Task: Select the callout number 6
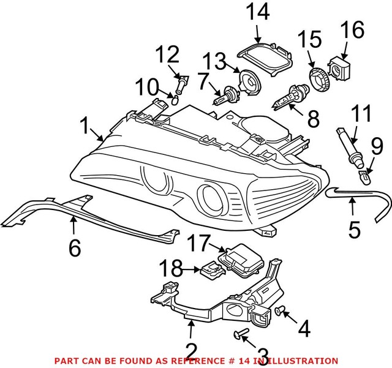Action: tap(74, 247)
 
